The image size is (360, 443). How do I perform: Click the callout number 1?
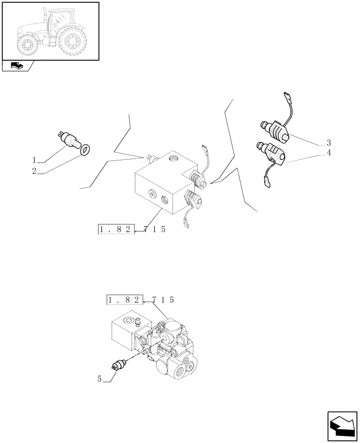coord(34,160)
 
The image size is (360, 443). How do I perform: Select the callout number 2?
coord(34,171)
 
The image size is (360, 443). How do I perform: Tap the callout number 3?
coord(329,143)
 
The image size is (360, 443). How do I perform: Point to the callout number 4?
coord(329,154)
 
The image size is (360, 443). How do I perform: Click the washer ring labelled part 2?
coord(85,150)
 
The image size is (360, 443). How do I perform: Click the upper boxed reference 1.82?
coord(116,229)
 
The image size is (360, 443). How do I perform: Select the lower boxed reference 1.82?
coord(125,300)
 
